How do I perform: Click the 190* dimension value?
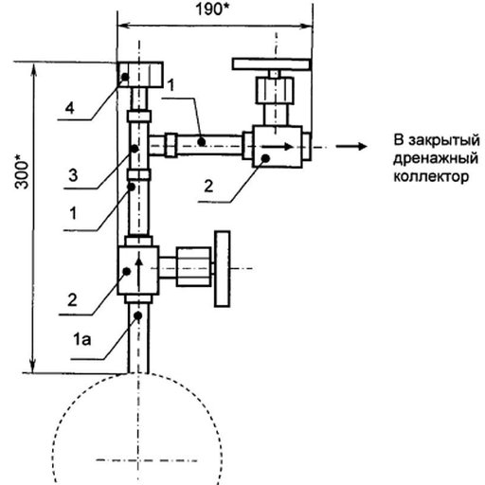(212, 9)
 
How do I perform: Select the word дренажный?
(436, 158)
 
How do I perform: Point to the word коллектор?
(431, 176)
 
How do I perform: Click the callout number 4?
(70, 108)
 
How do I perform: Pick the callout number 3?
(73, 175)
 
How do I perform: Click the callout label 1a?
(82, 339)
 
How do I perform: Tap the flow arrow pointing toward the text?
(351, 146)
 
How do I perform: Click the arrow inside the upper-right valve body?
(277, 147)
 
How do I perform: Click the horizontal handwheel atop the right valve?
(272, 64)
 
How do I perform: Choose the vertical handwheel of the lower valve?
(223, 269)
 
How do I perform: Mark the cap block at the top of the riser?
(140, 75)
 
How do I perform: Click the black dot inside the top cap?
(125, 77)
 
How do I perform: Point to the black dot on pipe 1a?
(138, 315)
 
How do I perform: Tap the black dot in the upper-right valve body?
(266, 158)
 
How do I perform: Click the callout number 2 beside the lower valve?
(72, 299)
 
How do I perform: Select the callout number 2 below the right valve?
(208, 186)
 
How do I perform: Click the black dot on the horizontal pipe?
(202, 142)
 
